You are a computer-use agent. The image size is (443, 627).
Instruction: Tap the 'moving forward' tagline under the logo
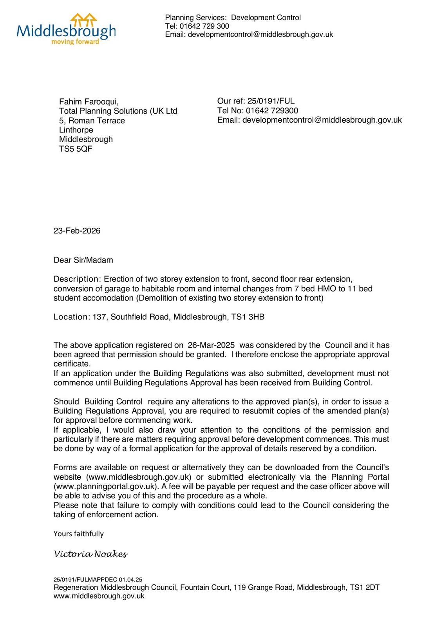(x=75, y=42)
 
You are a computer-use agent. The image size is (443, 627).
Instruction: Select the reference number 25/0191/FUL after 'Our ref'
(x=271, y=101)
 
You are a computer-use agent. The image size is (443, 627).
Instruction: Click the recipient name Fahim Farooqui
(x=89, y=102)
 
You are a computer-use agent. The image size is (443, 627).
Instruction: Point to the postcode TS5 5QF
(x=76, y=149)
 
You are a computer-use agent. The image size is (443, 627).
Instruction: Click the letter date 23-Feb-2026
(x=77, y=231)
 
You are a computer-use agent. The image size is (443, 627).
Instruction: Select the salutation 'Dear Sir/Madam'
(x=83, y=260)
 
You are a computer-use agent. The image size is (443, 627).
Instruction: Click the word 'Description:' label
(x=78, y=279)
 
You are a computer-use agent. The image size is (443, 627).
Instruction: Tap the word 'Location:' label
(x=72, y=317)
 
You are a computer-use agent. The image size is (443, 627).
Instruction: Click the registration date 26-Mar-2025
(x=211, y=345)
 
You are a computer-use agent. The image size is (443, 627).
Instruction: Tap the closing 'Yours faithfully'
(x=78, y=534)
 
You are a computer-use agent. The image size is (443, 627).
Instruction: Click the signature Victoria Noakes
(x=90, y=554)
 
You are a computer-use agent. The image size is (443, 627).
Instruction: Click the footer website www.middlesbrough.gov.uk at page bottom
(x=99, y=596)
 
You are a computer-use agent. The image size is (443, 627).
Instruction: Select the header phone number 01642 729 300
(x=204, y=26)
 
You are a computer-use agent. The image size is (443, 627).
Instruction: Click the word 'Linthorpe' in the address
(x=76, y=130)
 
